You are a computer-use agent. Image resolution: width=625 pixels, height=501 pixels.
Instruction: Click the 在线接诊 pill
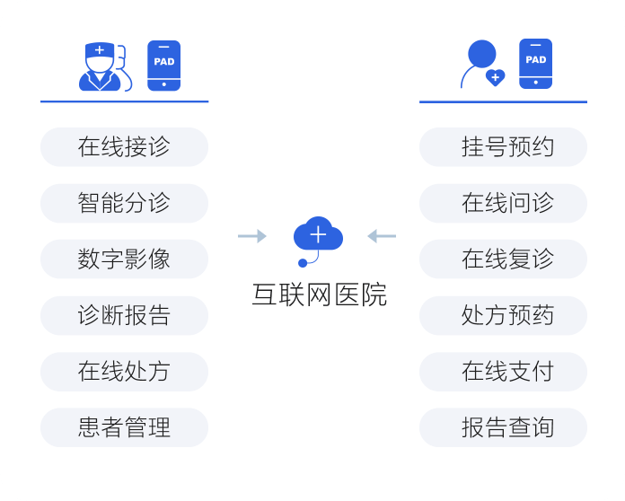(124, 147)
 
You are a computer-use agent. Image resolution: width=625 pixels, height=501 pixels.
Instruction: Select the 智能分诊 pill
(124, 203)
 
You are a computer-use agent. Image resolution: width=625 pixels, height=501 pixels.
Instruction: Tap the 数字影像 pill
(124, 259)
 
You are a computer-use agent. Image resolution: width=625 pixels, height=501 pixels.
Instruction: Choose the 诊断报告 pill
(124, 315)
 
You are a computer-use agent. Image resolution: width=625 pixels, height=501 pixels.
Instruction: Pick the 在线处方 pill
(124, 372)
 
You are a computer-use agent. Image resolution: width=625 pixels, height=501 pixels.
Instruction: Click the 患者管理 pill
(124, 427)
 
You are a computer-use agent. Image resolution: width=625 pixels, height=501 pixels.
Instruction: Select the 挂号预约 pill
(503, 147)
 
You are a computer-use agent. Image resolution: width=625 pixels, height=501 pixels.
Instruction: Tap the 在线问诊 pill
(503, 203)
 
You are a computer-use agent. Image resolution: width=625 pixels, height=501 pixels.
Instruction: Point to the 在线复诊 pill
(503, 259)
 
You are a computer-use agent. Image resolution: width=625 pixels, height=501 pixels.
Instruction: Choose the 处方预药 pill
(503, 315)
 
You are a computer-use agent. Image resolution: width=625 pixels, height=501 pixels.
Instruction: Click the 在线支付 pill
(503, 372)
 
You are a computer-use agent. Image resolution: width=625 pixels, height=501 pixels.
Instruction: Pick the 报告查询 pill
(503, 427)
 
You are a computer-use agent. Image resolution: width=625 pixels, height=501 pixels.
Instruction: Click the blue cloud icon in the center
(318, 236)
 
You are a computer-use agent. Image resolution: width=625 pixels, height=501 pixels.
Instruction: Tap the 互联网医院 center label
(319, 294)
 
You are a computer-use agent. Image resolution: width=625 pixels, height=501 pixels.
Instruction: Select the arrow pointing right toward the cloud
(252, 236)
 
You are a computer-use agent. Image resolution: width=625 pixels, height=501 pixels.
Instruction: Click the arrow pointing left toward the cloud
(382, 236)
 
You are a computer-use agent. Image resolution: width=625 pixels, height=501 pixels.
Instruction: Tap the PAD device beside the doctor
(163, 66)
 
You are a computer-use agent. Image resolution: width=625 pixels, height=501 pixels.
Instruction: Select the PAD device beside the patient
(535, 64)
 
